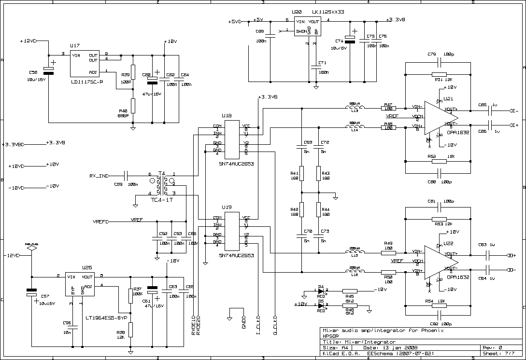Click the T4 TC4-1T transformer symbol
pyautogui.click(x=162, y=185)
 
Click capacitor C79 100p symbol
pyautogui.click(x=439, y=62)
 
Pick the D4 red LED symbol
pyautogui.click(x=321, y=291)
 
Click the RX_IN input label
pyautogui.click(x=100, y=176)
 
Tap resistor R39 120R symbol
pyautogui.click(x=133, y=72)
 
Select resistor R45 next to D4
pyautogui.click(x=350, y=291)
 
